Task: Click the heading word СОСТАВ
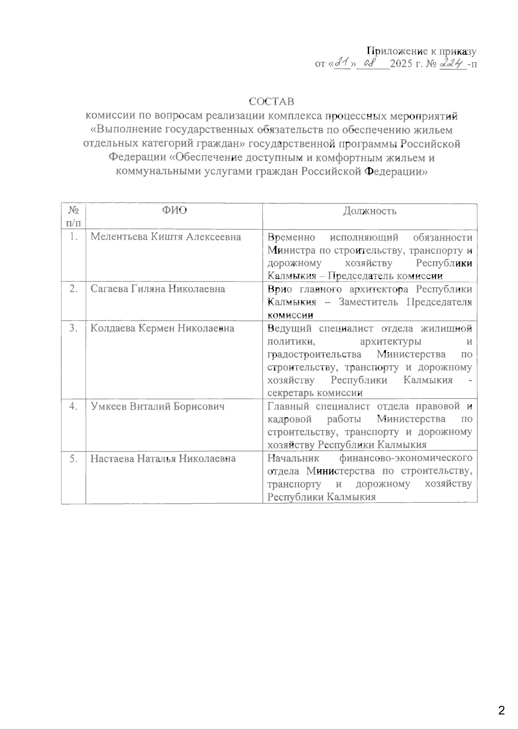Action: coord(272,102)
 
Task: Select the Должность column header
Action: coord(370,211)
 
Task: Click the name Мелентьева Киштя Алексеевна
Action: coord(166,237)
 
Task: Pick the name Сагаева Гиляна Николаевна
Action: coord(158,289)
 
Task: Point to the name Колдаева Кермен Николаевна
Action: coord(162,328)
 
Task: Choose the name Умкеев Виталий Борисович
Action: coord(158,406)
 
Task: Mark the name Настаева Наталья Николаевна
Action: coord(163,458)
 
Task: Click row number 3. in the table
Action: coord(73,328)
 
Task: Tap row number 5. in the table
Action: coord(73,458)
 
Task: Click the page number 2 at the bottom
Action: coord(501,710)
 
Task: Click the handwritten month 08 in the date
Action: coord(371,63)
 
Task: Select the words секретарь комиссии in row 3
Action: coord(315,393)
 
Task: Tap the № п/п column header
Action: coord(73,216)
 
